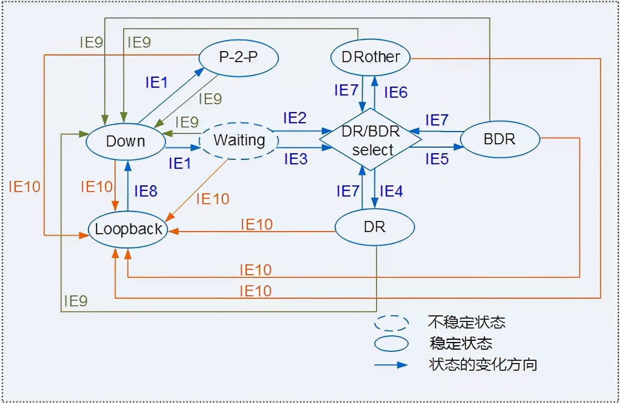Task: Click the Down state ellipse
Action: (126, 141)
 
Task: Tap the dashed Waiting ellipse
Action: (239, 140)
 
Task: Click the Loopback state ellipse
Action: (128, 229)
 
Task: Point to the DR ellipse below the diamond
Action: (375, 227)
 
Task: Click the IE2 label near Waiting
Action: (294, 118)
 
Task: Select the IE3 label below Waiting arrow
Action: (295, 159)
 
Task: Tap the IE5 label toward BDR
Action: (437, 159)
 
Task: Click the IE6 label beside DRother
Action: (396, 92)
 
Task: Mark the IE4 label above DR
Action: (391, 192)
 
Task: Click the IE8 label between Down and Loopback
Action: (146, 192)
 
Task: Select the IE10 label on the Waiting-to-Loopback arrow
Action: (213, 198)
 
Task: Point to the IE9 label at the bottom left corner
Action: (75, 301)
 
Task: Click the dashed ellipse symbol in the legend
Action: (392, 323)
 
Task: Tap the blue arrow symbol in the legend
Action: (392, 365)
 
